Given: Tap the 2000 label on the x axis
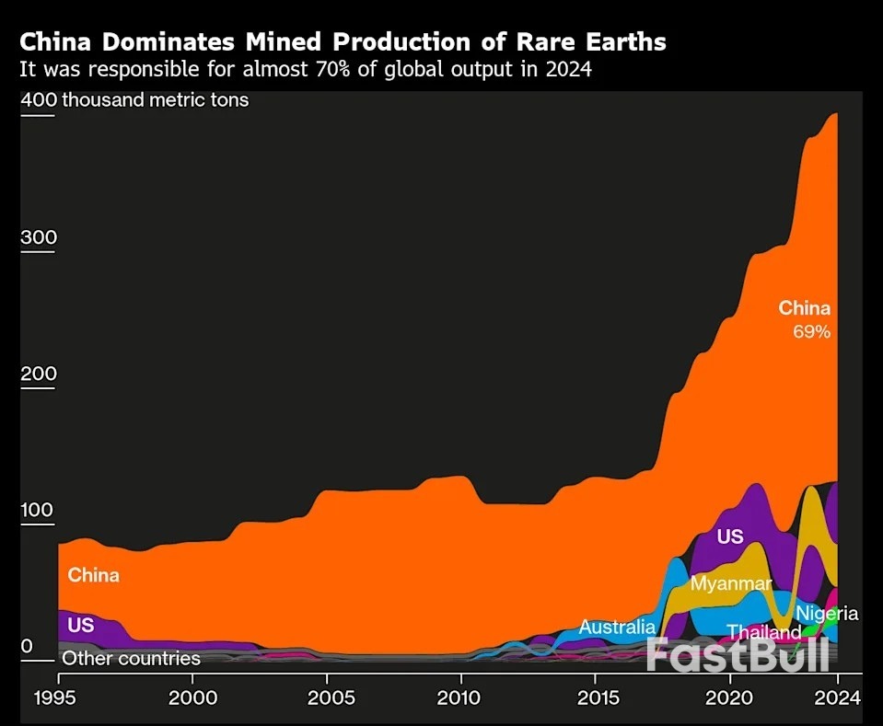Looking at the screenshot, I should (192, 697).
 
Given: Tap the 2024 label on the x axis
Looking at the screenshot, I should (837, 697).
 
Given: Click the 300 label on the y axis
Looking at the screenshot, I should (38, 238).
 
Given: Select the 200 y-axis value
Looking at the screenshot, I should (38, 375).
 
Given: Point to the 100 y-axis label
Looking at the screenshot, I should (38, 511).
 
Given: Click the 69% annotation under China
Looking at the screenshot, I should (811, 332).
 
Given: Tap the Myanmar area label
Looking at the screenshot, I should (731, 583).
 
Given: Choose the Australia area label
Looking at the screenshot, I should (617, 628).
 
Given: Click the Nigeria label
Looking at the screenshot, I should (827, 613).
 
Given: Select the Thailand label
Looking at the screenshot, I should (764, 633).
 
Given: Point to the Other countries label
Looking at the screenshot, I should (131, 659).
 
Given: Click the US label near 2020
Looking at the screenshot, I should (729, 536).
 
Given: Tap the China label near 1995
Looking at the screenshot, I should (94, 575).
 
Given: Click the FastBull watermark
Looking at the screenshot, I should (737, 654).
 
